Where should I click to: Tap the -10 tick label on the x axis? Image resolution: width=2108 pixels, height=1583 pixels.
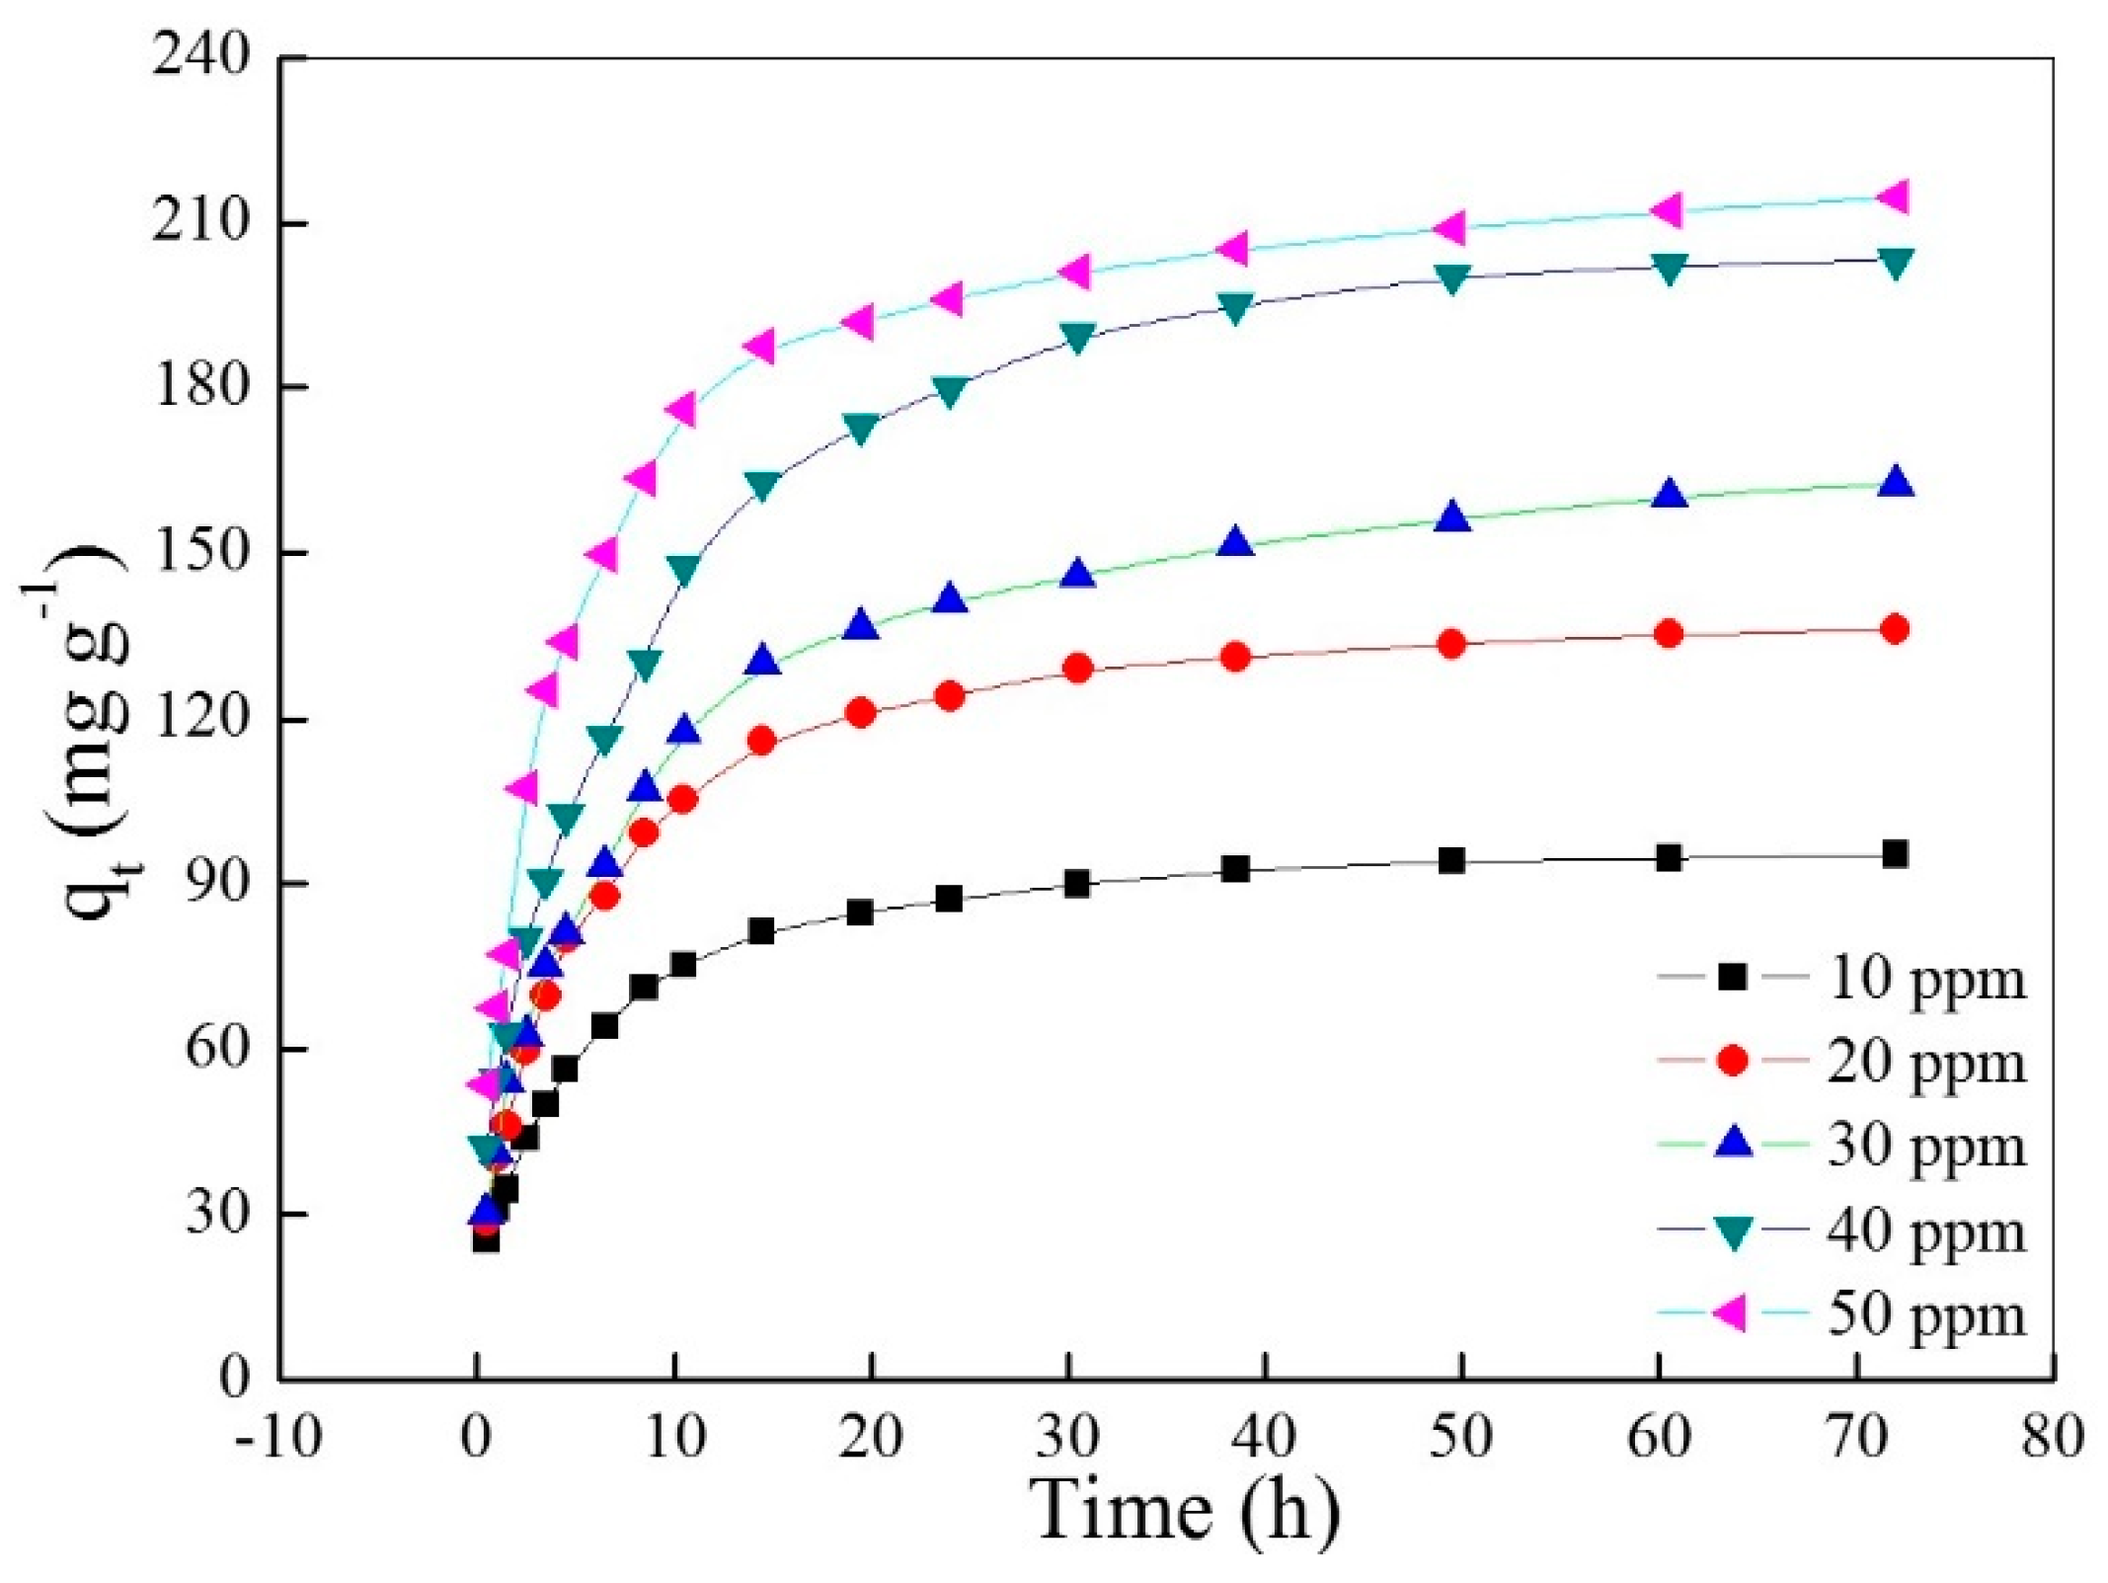tap(278, 1437)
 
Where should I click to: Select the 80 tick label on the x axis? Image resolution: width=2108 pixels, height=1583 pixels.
tap(2053, 1437)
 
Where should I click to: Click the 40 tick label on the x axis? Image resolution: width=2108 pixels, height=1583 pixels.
tap(1265, 1437)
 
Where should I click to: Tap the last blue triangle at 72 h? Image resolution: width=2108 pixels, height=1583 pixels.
tap(1895, 483)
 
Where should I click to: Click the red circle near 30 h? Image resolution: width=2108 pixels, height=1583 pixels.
tap(1078, 669)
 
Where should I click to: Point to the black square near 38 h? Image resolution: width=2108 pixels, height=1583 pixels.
tap(1235, 869)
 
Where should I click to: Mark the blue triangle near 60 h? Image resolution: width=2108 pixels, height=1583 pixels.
tap(1669, 494)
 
